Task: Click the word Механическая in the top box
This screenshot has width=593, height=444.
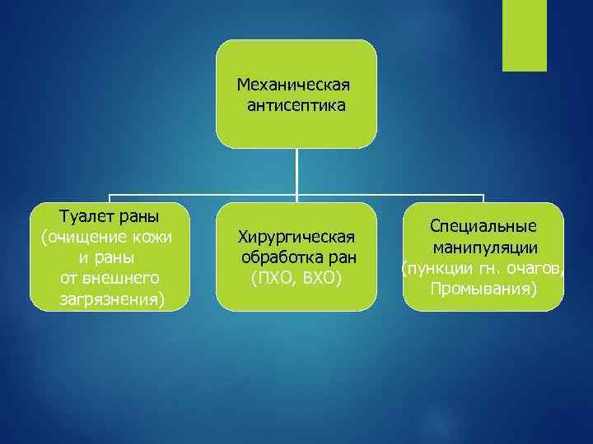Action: (293, 85)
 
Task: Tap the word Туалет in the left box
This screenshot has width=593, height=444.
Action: (85, 216)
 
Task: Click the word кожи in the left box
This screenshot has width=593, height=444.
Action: (153, 238)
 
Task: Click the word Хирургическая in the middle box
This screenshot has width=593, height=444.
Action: (296, 238)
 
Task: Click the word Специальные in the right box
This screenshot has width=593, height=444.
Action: (483, 226)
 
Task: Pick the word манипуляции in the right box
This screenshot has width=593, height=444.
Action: (483, 247)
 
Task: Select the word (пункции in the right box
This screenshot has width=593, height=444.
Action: (433, 269)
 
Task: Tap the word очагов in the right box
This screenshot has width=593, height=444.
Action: (534, 269)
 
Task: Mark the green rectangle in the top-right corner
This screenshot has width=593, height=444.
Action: (524, 35)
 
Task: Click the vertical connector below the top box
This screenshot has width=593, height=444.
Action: (296, 173)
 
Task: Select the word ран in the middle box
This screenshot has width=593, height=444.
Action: (341, 258)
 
